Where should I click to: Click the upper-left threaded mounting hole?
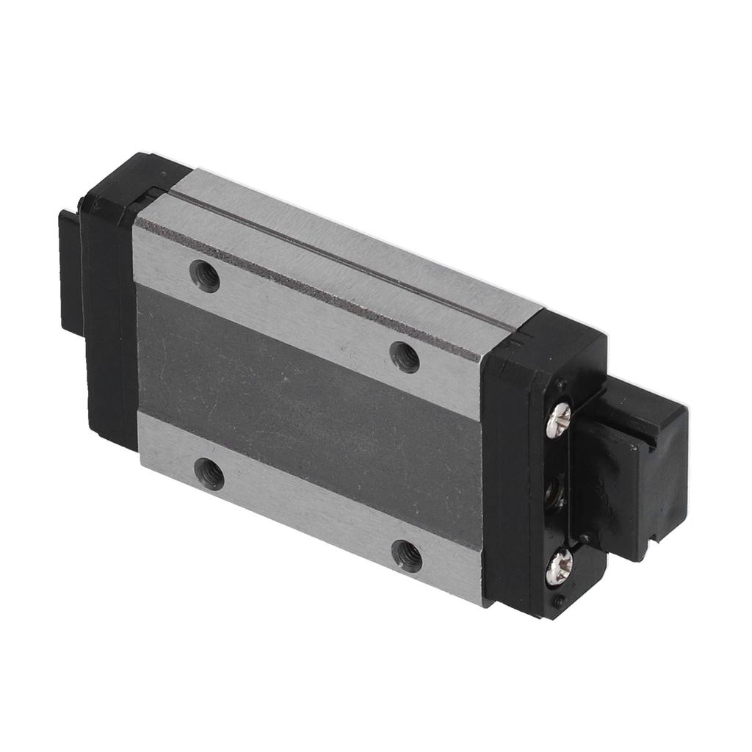(x=205, y=276)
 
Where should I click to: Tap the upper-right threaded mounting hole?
(x=405, y=357)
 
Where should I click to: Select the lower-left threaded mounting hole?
(x=209, y=474)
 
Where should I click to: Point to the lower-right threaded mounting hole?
(x=407, y=556)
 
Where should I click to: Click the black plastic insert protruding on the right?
(x=632, y=477)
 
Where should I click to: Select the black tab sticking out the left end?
(x=70, y=272)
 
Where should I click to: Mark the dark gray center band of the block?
(x=308, y=411)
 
